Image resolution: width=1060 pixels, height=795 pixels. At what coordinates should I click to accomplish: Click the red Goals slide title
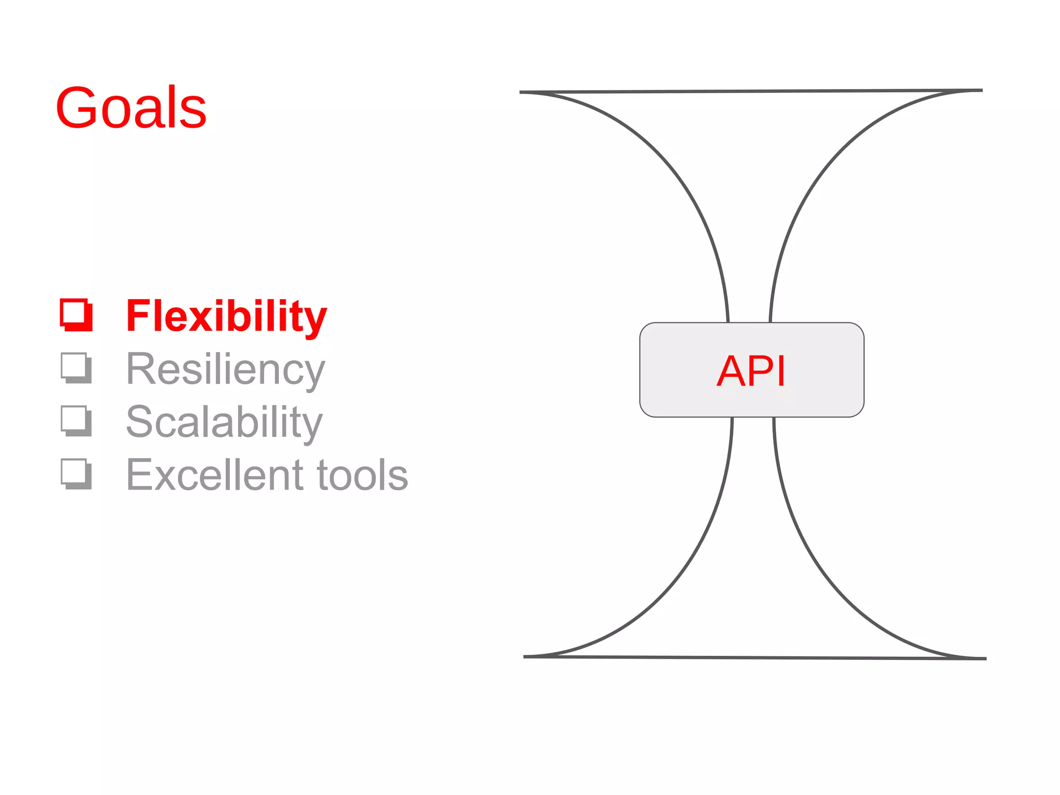tap(131, 108)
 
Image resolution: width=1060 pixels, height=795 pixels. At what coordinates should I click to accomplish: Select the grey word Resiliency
tap(225, 370)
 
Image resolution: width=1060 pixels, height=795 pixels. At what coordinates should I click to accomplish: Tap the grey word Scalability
tap(224, 422)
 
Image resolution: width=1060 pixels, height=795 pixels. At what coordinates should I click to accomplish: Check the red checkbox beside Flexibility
tap(76, 315)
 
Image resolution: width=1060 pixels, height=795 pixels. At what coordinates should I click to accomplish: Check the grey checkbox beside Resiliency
tap(76, 368)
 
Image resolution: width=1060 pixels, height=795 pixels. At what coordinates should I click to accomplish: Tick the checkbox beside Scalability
tap(76, 421)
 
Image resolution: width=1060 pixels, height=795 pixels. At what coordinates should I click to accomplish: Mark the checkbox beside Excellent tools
tap(76, 474)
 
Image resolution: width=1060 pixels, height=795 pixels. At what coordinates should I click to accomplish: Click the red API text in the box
tap(751, 371)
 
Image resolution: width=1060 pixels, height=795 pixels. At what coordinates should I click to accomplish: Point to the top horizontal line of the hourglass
tap(750, 91)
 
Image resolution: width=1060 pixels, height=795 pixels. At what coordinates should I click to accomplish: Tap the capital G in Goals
tap(77, 108)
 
